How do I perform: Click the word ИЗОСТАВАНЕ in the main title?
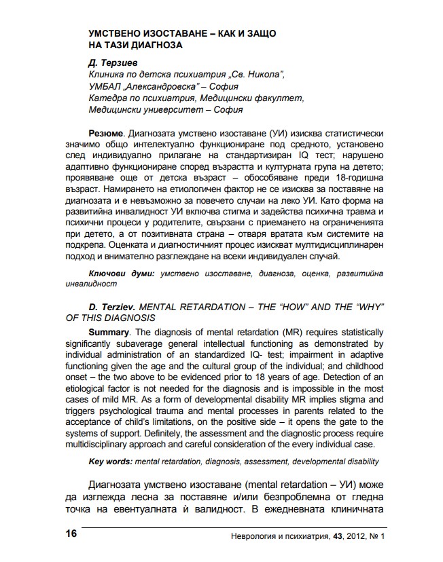point(164,33)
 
